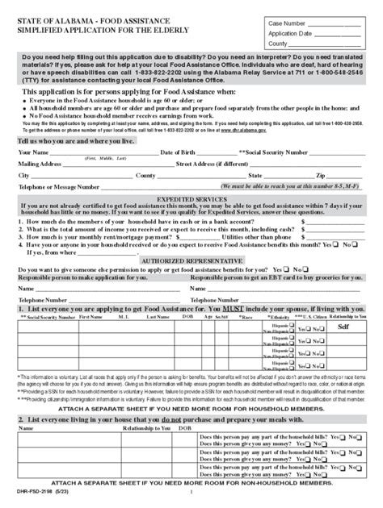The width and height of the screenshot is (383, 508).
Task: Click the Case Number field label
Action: pyautogui.click(x=286, y=23)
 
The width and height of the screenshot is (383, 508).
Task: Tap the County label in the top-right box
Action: pyautogui.click(x=280, y=45)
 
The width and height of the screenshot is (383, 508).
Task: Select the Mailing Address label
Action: pyautogui.click(x=41, y=163)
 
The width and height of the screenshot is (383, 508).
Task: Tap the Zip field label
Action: pyautogui.click(x=321, y=174)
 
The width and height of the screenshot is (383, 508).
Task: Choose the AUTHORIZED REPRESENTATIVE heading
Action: pyautogui.click(x=191, y=263)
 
